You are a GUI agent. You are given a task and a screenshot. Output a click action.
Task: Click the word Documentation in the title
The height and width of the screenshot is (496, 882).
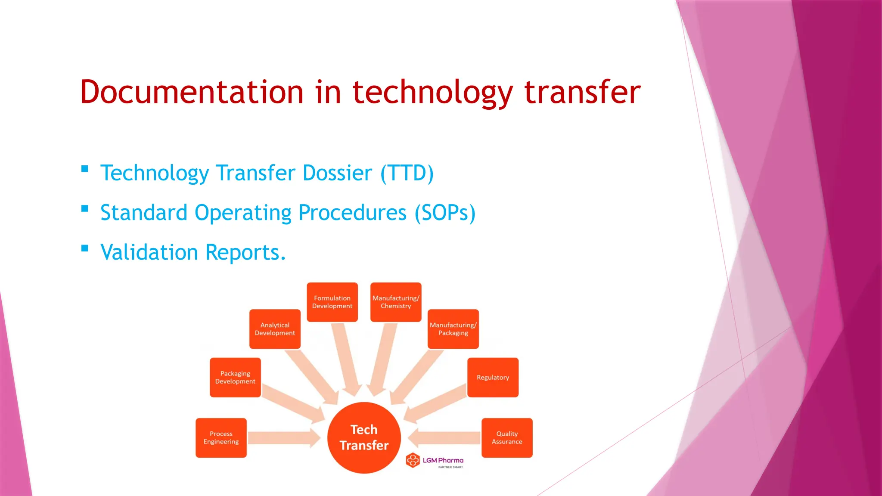tap(192, 92)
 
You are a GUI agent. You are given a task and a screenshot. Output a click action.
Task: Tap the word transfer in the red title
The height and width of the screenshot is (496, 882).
tap(582, 92)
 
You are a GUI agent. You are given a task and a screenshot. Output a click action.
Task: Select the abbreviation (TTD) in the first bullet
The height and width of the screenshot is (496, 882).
tap(407, 173)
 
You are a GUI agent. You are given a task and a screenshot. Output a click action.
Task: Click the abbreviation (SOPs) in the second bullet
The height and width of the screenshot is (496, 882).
tap(445, 213)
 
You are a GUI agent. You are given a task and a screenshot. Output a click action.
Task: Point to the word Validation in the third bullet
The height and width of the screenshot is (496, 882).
tap(149, 252)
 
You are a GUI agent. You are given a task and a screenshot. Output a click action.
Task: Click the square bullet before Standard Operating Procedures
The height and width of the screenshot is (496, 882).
tap(85, 209)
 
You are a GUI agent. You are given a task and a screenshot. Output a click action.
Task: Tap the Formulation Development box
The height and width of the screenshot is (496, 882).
tap(332, 302)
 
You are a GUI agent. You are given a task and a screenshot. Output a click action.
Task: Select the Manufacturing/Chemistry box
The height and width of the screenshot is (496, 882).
tap(396, 302)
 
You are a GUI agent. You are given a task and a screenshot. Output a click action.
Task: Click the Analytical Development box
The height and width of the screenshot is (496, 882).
tap(275, 329)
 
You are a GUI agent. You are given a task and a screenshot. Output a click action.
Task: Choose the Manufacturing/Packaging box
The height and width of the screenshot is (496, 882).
tap(453, 329)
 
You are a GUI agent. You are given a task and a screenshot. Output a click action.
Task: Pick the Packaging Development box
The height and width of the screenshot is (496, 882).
tap(235, 377)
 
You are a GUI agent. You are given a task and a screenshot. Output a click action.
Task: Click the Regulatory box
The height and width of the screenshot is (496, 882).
tap(493, 377)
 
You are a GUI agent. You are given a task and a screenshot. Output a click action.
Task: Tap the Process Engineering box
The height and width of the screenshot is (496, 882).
tap(221, 437)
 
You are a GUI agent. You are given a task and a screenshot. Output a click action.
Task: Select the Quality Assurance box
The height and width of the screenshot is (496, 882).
tap(507, 437)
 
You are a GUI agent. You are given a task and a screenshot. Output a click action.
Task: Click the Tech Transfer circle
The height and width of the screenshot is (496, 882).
tap(364, 437)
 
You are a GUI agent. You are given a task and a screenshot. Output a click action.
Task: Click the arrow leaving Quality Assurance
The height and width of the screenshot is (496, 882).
tap(444, 438)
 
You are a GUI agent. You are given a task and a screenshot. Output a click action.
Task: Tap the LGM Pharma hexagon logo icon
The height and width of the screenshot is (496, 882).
tap(413, 460)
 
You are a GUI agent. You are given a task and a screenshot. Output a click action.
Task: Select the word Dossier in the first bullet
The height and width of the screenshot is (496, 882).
tap(337, 173)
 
